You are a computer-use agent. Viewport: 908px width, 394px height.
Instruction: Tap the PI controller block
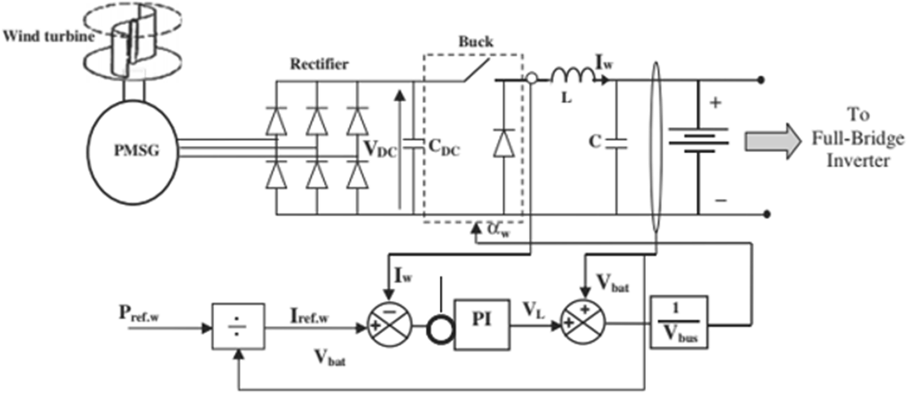(482, 324)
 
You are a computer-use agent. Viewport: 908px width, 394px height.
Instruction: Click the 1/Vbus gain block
(679, 322)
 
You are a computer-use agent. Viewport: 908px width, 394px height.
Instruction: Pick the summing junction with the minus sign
(390, 320)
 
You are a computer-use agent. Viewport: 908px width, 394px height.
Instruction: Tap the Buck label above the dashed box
(476, 42)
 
